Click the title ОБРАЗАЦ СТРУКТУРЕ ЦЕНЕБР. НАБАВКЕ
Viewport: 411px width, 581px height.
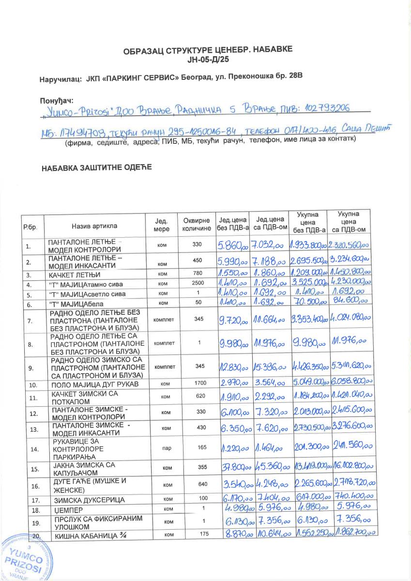(x=208, y=50)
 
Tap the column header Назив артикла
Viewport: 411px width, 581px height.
(x=94, y=226)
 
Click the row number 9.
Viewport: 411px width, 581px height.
(x=30, y=367)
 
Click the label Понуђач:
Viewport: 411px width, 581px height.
(x=56, y=100)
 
